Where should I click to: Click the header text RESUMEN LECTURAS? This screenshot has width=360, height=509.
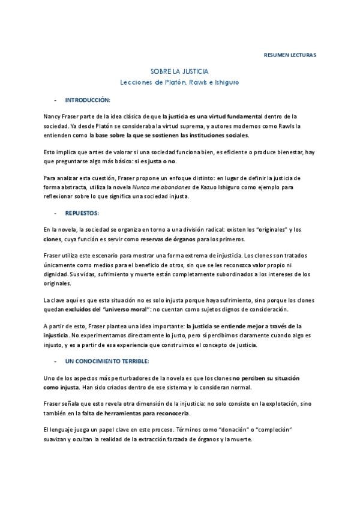tap(290, 55)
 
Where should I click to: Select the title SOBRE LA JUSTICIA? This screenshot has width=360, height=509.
tap(180, 71)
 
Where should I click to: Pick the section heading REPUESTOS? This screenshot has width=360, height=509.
tap(82, 213)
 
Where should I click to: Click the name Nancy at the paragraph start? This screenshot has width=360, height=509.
tap(53, 115)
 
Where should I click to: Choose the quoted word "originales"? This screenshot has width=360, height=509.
tap(259, 230)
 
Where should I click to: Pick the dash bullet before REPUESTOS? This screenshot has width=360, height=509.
tap(55, 213)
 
